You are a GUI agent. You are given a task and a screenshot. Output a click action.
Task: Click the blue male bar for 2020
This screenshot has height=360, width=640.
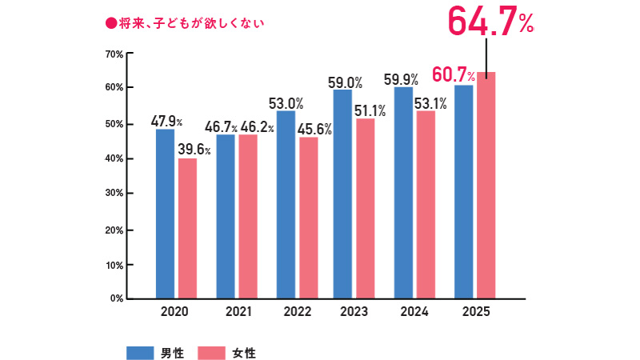165,213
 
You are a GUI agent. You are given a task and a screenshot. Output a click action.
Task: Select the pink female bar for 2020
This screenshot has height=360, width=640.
187,228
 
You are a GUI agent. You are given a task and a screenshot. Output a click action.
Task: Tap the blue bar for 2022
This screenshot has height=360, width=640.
286,204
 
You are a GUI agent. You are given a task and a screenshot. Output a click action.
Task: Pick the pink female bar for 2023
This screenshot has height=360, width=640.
365,208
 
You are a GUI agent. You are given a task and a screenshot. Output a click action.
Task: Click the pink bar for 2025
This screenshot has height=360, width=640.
486,185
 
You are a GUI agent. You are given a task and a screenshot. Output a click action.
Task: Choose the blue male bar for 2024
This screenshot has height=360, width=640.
403,192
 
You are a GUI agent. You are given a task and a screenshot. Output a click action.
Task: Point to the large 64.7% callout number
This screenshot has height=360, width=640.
490,21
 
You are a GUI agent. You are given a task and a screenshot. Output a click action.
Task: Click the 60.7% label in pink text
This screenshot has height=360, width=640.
454,76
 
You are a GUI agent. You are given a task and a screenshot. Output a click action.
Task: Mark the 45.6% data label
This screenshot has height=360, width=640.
314,129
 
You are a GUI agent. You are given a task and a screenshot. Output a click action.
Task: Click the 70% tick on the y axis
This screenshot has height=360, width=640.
113,54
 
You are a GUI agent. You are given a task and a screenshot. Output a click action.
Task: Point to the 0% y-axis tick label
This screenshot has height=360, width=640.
116,298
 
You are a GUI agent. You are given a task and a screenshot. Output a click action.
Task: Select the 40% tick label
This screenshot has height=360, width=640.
113,159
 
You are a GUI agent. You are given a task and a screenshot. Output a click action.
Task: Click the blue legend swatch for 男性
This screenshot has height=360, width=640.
140,352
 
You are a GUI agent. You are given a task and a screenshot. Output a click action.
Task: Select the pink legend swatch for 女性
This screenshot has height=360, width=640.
211,352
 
